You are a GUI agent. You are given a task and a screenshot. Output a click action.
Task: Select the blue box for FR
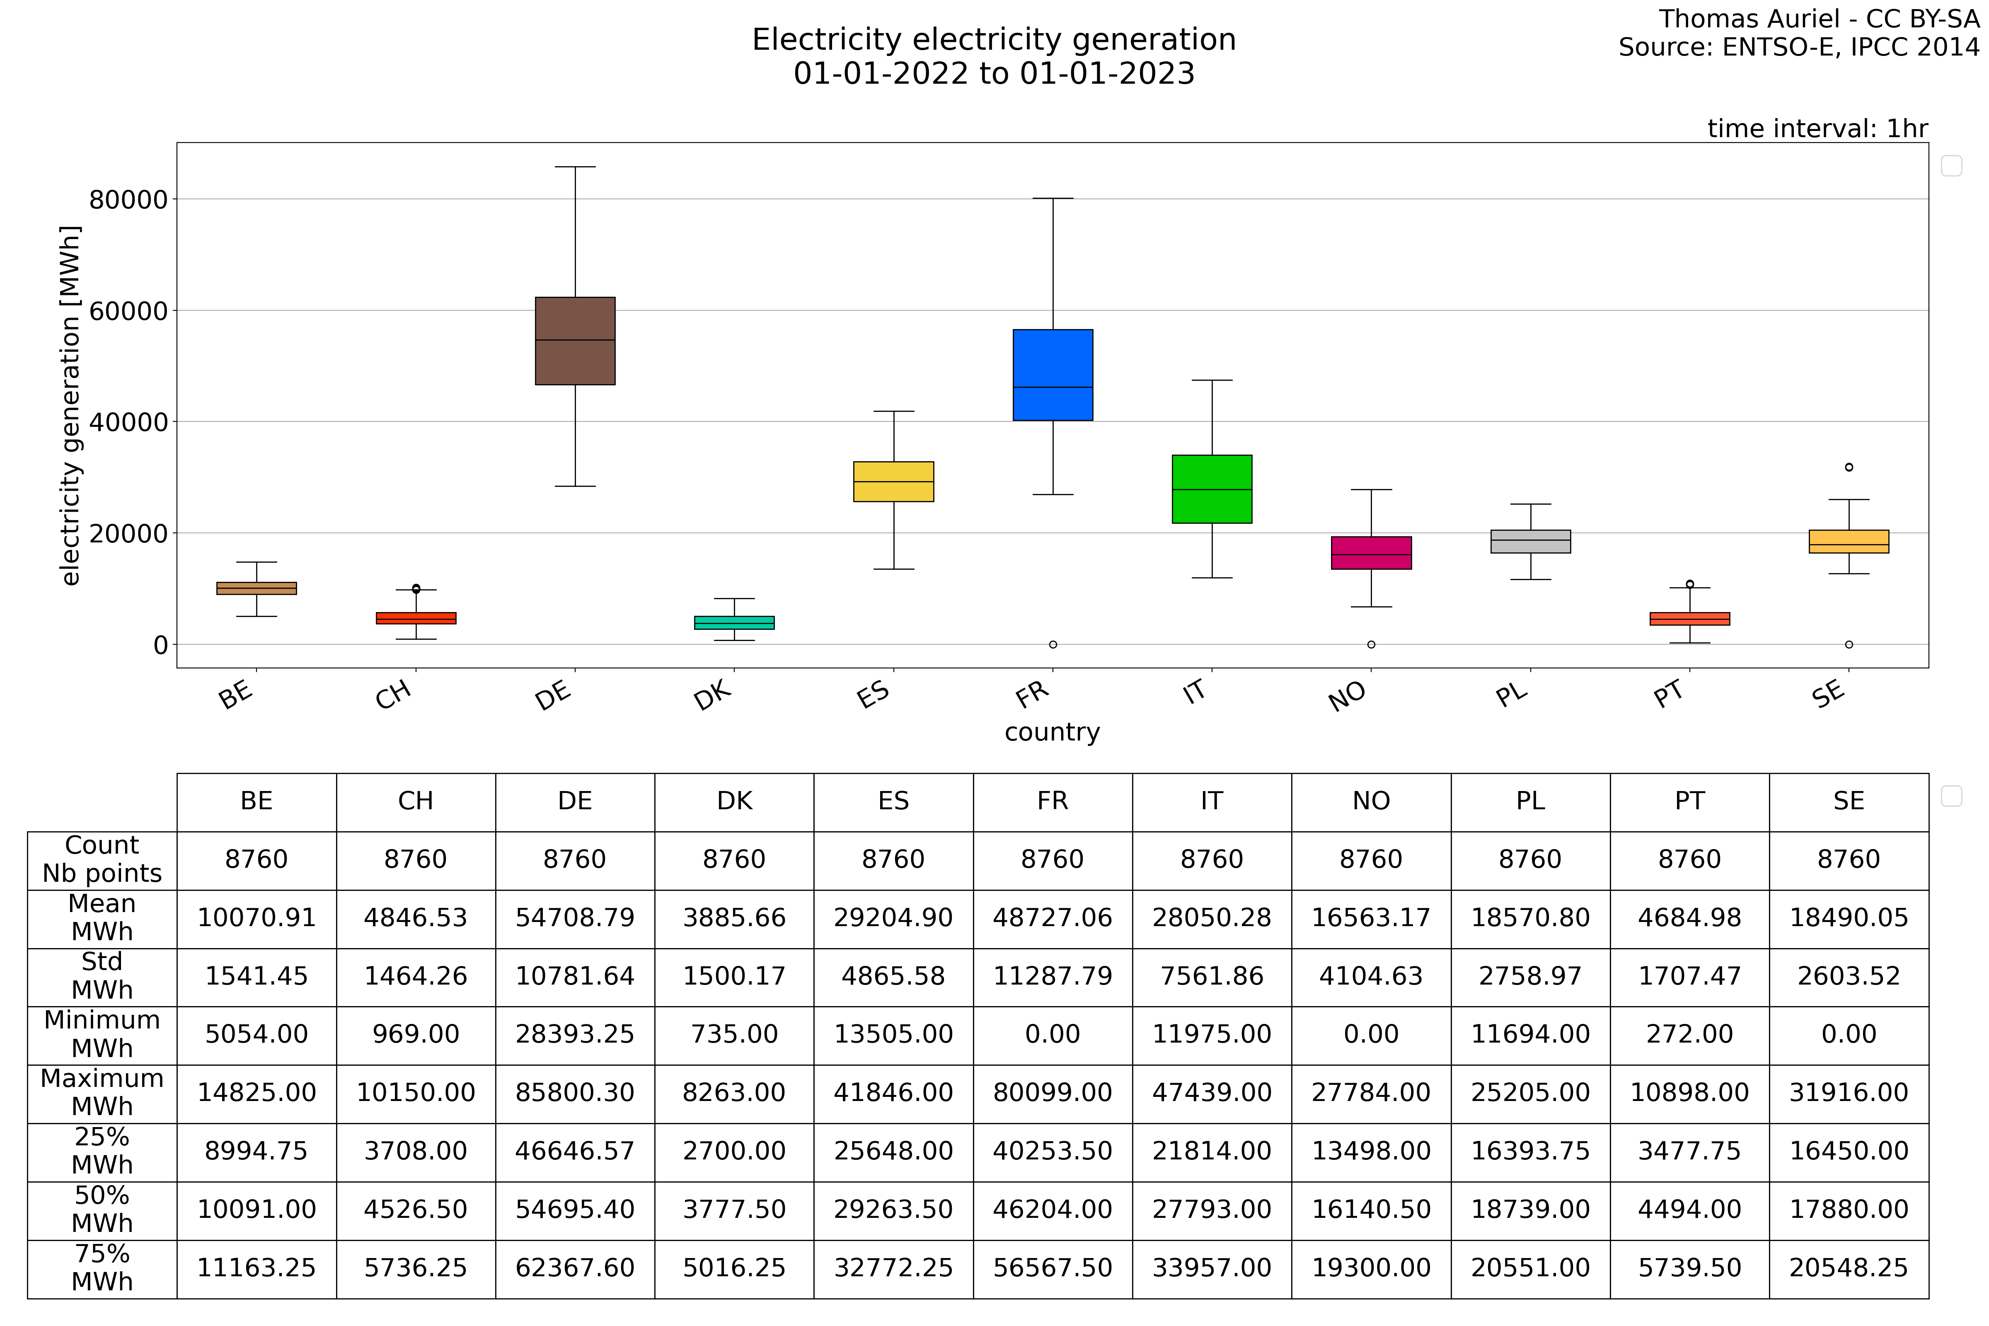coord(1053,375)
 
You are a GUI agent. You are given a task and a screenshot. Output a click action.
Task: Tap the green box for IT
coord(1212,489)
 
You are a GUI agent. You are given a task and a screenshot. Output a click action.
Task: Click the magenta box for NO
coord(1371,553)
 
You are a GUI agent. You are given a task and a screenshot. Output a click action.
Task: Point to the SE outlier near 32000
coord(1849,467)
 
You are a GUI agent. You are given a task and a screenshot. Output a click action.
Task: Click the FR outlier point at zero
coord(1053,644)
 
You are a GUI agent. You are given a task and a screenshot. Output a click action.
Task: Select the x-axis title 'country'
coord(1052,732)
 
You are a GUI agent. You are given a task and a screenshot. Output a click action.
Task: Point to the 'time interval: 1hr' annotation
coord(1817,128)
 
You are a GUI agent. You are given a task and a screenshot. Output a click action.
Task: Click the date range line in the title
coord(994,74)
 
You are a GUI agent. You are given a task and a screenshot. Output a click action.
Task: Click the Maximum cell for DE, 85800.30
coord(575,1093)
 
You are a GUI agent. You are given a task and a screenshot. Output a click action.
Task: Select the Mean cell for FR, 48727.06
coord(1053,917)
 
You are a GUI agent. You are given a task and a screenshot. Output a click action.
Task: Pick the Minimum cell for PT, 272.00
coord(1690,1034)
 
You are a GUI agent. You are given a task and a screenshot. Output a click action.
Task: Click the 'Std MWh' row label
coord(102,976)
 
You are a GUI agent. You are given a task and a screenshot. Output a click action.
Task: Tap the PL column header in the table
coord(1531,801)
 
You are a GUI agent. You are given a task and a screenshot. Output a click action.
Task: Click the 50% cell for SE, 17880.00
coord(1849,1209)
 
